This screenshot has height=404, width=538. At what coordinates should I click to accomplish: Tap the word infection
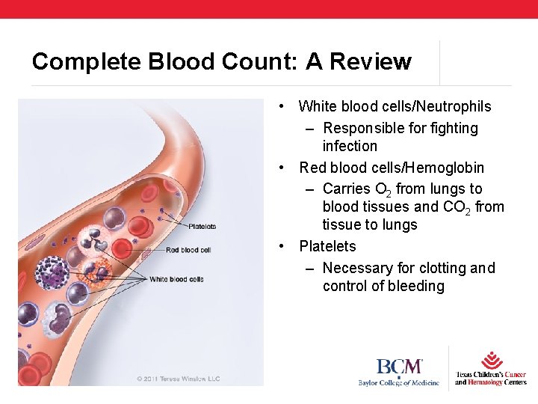(350, 146)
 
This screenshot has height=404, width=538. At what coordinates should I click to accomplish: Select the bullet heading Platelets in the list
(327, 246)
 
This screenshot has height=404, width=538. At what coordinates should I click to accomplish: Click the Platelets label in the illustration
(202, 226)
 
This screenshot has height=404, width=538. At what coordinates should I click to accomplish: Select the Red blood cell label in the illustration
(188, 250)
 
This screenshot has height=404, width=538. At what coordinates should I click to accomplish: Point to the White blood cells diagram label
(176, 279)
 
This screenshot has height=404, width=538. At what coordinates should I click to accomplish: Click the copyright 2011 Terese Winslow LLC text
(179, 379)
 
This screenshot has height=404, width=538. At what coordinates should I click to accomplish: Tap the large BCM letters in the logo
(399, 367)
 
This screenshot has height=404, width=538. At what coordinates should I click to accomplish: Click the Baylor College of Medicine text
(398, 382)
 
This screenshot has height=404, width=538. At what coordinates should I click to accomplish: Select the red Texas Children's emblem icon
(492, 360)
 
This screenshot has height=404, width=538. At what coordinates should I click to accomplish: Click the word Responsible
(365, 129)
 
